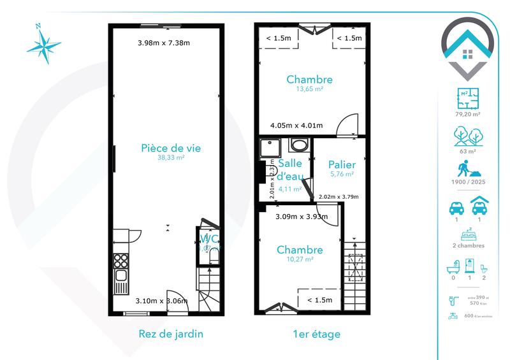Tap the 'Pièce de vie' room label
171,148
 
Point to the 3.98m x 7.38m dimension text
164,43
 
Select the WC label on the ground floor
209,240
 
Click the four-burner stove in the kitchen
120,261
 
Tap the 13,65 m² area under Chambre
309,90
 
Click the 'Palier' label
342,164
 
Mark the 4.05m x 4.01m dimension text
296,126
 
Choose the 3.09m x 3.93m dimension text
301,217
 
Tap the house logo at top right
468,48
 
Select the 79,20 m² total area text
467,114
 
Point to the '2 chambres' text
467,245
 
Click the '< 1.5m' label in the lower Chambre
319,300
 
